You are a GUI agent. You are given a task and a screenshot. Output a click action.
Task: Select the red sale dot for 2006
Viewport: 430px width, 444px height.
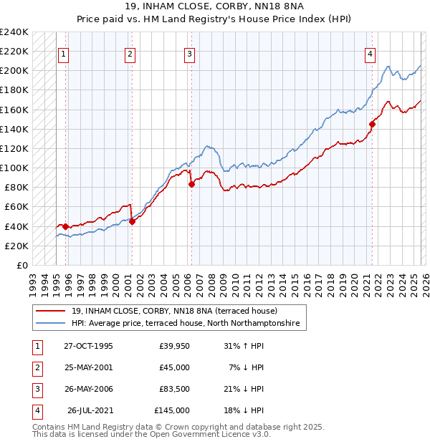tap(191, 184)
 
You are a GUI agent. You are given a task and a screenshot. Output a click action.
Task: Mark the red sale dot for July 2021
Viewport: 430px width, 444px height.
tap(372, 124)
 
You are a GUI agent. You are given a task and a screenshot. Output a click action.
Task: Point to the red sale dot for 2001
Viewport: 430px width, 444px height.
tap(132, 221)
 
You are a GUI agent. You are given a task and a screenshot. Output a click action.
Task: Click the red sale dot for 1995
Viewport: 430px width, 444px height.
tap(65, 226)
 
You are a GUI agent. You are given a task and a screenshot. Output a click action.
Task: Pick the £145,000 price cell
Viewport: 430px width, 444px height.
tap(172, 410)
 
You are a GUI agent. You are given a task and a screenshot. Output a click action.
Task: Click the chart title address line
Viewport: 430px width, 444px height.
tap(215, 8)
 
